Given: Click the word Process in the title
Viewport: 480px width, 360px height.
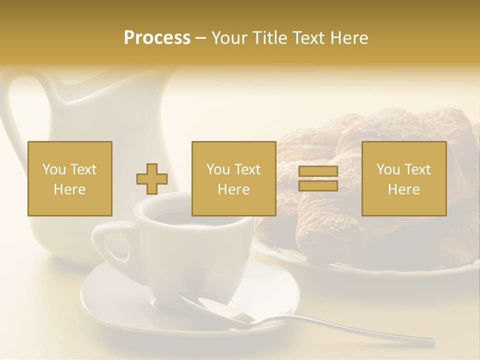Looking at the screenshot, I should [x=157, y=38].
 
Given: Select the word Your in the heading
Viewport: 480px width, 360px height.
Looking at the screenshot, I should [x=229, y=38].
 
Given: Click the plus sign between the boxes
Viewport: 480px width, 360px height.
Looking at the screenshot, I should [x=152, y=179].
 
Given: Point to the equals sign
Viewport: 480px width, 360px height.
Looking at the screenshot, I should [x=318, y=179].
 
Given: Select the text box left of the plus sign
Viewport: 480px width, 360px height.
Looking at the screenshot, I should [x=70, y=179].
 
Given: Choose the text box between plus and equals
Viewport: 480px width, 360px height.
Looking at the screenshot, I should [x=233, y=179].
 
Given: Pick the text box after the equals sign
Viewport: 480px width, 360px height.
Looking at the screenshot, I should [x=404, y=179].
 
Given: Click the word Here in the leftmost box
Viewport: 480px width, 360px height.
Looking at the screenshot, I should [x=69, y=189].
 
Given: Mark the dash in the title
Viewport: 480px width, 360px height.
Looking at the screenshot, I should [x=201, y=38].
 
